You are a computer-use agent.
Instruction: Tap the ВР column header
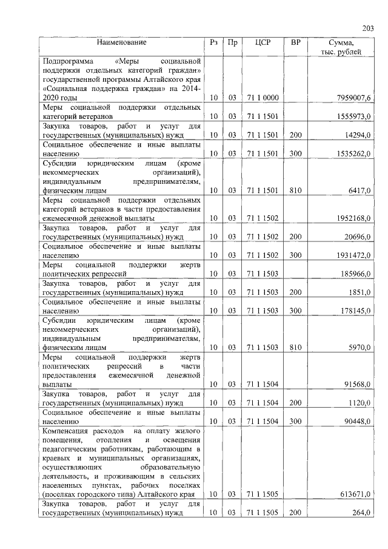click(x=295, y=43)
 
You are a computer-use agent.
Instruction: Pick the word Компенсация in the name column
click(x=67, y=430)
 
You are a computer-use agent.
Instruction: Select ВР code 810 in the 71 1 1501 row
click(x=295, y=190)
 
